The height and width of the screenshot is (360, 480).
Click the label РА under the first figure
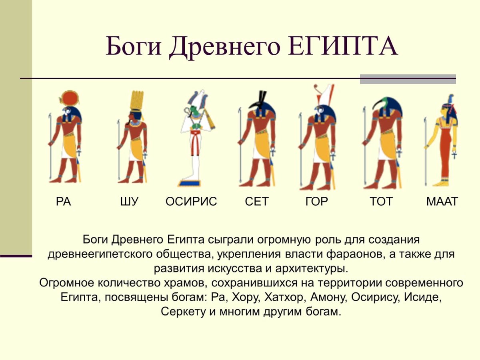click(x=63, y=201)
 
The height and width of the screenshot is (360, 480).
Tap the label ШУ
click(x=129, y=201)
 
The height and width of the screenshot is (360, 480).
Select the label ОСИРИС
click(x=191, y=201)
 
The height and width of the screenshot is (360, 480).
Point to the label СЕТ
click(x=256, y=201)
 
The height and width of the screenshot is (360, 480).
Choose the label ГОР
click(x=316, y=201)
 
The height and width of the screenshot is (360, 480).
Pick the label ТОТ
click(x=381, y=201)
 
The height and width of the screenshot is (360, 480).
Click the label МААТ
click(x=442, y=201)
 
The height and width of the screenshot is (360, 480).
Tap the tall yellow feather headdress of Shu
click(x=137, y=100)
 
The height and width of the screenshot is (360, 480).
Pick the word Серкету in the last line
click(x=183, y=312)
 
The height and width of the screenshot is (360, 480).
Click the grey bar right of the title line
click(x=408, y=79)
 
